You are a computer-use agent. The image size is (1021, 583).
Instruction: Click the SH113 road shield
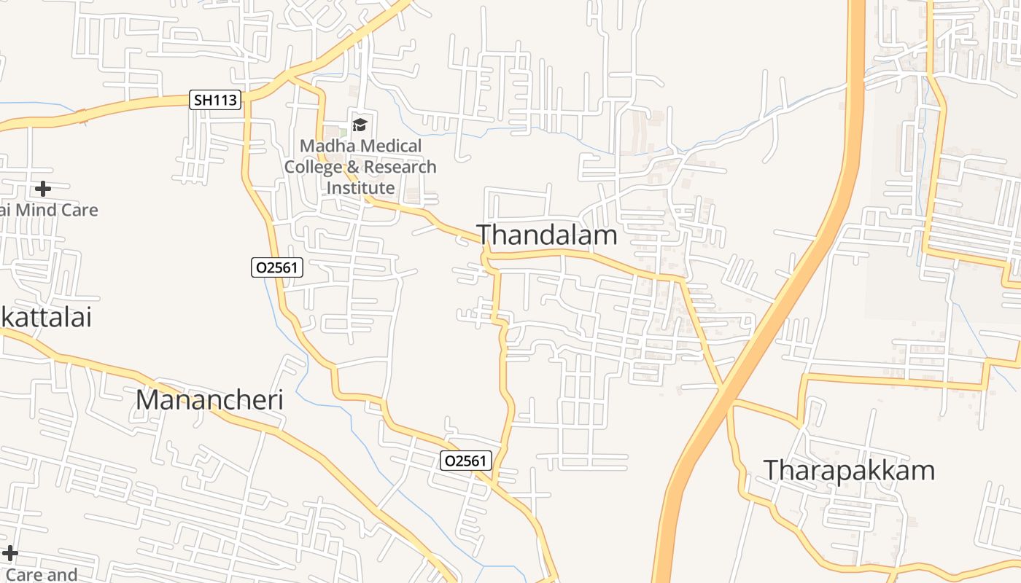coord(215,100)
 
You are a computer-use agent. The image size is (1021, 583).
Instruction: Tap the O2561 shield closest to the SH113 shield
coord(276,267)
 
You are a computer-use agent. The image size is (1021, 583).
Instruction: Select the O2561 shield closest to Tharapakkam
coord(466,461)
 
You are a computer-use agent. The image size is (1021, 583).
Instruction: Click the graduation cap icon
coord(360,125)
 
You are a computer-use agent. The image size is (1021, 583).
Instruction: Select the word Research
coord(400,167)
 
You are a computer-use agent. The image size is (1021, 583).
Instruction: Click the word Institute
coord(360,188)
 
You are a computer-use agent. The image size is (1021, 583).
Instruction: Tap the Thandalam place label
coord(546,235)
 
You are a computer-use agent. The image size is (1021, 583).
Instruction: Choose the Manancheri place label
coord(209,400)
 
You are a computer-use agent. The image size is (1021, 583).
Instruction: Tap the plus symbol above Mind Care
coord(43,189)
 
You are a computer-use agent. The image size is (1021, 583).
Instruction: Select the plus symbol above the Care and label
coord(10,554)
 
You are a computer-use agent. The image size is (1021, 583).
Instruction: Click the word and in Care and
coord(62,575)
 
